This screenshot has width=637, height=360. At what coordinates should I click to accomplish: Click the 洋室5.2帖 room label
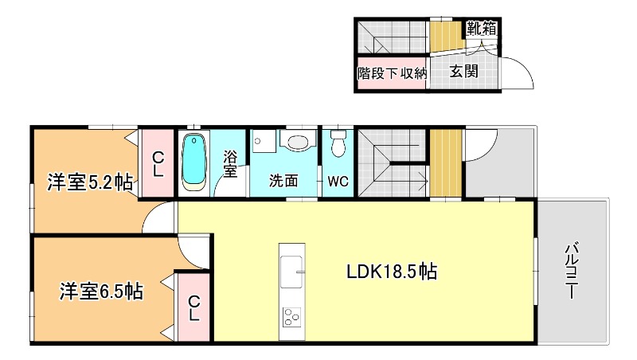tap(90, 182)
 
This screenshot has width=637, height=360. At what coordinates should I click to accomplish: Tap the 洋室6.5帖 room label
tap(101, 292)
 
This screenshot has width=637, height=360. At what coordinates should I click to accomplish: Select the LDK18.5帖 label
tap(392, 271)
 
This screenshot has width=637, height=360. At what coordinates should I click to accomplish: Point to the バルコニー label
tap(573, 271)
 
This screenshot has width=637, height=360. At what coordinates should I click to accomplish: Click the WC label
tap(338, 182)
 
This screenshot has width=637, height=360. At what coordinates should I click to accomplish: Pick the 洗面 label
tap(283, 181)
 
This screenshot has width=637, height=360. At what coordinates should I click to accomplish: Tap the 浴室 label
tap(230, 164)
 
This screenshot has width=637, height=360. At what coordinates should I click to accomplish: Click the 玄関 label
tap(463, 72)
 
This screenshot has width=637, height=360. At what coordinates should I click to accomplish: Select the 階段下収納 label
tap(392, 73)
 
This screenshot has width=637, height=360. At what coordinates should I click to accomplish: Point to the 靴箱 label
tap(482, 28)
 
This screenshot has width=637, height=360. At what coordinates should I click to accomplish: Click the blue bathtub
tap(193, 162)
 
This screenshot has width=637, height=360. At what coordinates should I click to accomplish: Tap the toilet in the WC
tap(338, 143)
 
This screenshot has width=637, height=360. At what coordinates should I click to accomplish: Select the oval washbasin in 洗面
tap(298, 142)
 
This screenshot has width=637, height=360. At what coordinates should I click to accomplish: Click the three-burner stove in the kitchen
tap(291, 317)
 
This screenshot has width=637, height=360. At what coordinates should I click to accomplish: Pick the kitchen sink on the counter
tap(291, 272)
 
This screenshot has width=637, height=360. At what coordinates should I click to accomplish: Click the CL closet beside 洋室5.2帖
tap(158, 164)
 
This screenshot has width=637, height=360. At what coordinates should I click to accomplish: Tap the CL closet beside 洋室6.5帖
tap(193, 307)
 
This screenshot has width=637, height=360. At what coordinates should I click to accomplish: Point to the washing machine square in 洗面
tap(264, 142)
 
